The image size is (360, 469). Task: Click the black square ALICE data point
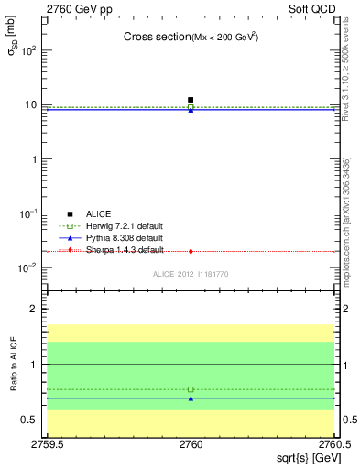tap(191, 99)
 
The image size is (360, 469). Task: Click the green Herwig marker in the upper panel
tap(191, 107)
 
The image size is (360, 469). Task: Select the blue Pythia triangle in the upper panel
tap(191, 110)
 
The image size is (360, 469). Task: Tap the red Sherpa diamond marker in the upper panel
tap(191, 251)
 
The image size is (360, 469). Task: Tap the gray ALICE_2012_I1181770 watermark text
tap(190, 274)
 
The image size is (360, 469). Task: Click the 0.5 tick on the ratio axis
tap(33, 420)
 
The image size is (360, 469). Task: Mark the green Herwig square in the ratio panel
tap(191, 389)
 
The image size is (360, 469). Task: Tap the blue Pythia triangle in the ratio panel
tap(191, 398)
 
